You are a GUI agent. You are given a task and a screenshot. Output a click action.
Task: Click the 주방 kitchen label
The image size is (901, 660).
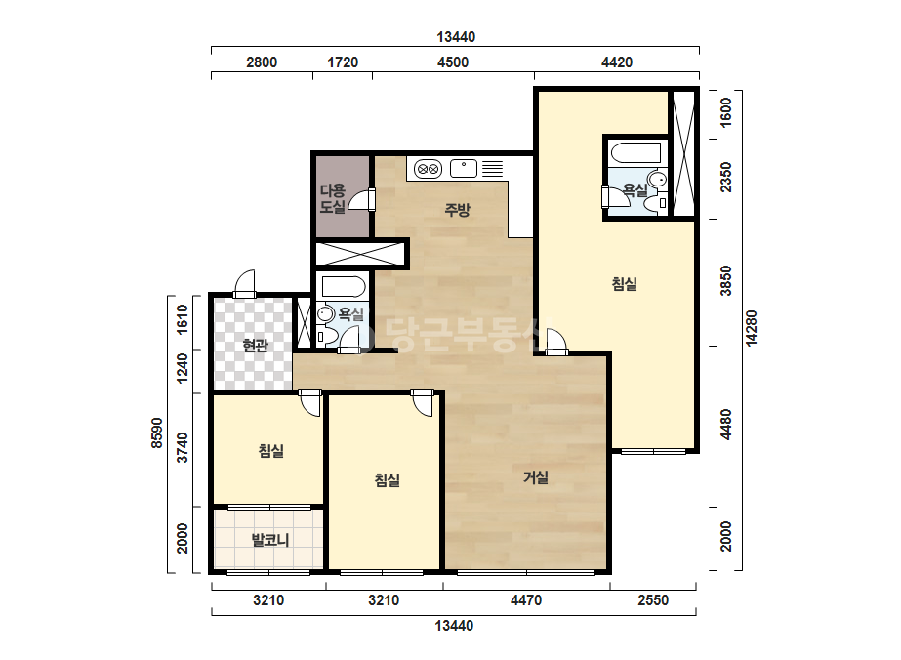coord(458,210)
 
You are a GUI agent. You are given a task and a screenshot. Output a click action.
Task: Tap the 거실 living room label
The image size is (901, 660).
coord(536,477)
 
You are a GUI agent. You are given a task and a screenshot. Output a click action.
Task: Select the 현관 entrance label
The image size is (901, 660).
coord(255,346)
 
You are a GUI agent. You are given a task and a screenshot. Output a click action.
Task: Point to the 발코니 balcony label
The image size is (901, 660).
coord(270,540)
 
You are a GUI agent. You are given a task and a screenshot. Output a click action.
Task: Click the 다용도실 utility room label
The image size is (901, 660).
coord(333,199)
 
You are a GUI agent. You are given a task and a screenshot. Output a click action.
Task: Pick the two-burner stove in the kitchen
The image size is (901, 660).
coord(429,169)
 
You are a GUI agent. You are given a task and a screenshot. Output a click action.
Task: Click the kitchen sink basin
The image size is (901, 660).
coord(463,169)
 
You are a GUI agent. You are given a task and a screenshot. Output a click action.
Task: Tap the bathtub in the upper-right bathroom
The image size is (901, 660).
coord(635,153)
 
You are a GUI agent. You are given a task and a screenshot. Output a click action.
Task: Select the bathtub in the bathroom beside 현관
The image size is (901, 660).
coord(344,287)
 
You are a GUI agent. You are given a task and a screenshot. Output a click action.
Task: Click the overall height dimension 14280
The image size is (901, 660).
coord(751,328)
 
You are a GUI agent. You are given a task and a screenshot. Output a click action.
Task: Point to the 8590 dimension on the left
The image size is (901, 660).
coord(157,433)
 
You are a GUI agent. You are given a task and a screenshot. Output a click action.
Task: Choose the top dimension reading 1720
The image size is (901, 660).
coord(343,62)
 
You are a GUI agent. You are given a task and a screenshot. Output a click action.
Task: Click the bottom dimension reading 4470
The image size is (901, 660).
coord(526,600)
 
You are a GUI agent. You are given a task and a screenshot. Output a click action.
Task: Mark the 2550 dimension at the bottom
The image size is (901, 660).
coord(653,600)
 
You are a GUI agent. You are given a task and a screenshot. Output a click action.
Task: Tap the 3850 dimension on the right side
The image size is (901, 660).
coord(726,280)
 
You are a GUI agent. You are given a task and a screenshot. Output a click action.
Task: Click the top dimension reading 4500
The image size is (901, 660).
coord(453,62)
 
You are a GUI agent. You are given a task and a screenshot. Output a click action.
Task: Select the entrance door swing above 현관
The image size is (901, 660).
coord(244,283)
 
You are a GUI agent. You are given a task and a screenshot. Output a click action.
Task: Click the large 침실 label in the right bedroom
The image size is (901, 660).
coord(624,284)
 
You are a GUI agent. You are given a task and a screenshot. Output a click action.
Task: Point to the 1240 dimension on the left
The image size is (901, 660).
coord(183,368)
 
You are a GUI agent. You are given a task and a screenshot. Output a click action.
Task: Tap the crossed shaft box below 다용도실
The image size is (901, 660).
coord(359,254)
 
